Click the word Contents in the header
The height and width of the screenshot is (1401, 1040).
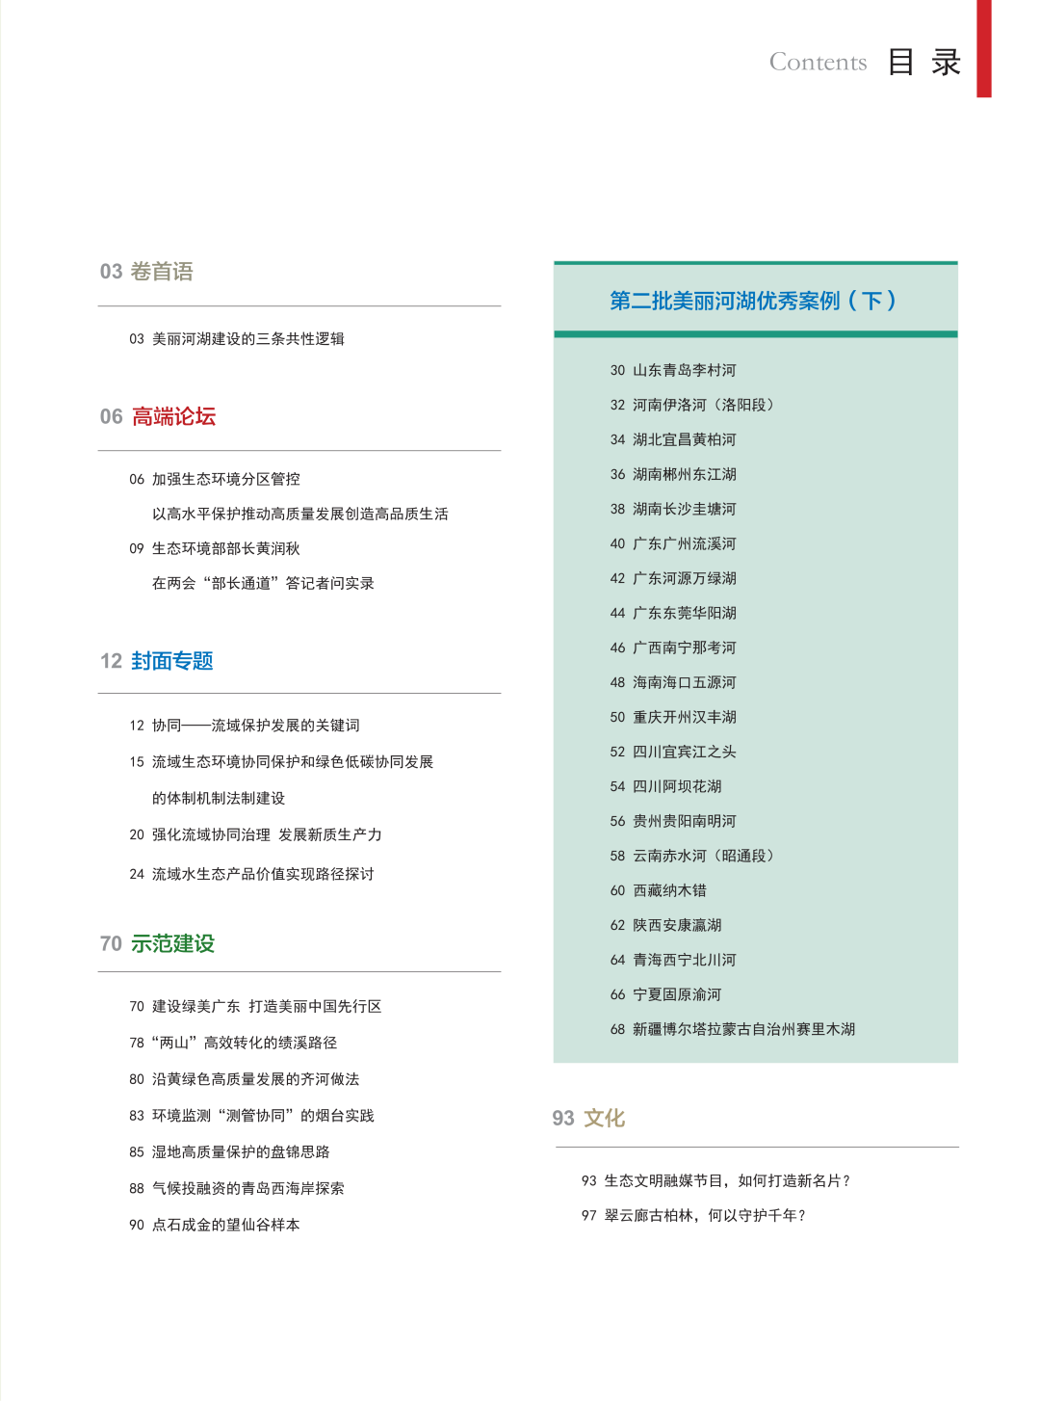(818, 63)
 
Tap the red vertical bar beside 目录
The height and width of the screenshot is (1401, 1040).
(983, 48)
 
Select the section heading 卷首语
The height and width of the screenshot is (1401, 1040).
(162, 272)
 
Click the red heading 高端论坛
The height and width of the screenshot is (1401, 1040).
(173, 416)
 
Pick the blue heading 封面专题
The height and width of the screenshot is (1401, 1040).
(172, 661)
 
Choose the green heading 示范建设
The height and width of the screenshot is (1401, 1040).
(172, 943)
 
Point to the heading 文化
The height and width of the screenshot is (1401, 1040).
(604, 1118)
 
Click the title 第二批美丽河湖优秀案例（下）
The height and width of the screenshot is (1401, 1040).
(753, 301)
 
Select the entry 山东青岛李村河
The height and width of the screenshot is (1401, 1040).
(684, 370)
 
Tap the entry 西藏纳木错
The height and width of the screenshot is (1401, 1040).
(669, 890)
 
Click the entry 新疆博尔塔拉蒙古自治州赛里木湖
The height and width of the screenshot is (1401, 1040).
(743, 1029)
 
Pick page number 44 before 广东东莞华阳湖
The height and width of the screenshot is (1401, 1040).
(617, 613)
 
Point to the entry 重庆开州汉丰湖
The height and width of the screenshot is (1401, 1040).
(684, 717)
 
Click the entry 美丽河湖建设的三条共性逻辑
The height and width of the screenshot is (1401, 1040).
(247, 339)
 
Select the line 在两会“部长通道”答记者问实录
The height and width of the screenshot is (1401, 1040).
(263, 583)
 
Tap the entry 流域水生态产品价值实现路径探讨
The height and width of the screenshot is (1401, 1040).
(263, 874)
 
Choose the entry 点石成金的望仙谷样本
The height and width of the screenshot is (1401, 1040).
(225, 1225)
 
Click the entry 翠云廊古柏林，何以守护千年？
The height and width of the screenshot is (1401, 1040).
(705, 1215)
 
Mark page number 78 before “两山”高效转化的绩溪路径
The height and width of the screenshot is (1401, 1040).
(137, 1043)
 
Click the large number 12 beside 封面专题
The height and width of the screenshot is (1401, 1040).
(111, 661)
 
